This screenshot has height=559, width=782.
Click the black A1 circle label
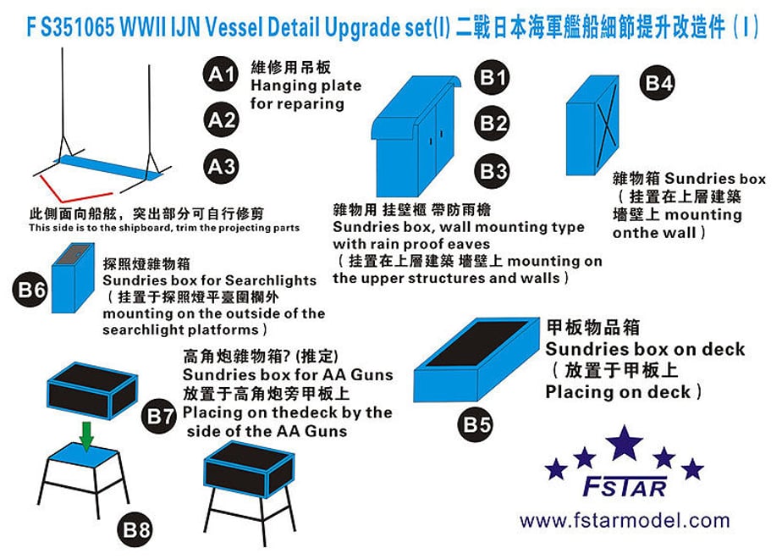point(221,74)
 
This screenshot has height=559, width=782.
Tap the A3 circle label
point(221,166)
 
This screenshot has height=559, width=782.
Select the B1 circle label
point(493,77)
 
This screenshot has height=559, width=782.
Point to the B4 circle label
point(658,83)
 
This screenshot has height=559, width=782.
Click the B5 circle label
point(476,424)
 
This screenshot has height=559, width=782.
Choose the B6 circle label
point(30,289)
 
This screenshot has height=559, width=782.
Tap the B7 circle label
point(159,416)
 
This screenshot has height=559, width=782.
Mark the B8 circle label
point(135,529)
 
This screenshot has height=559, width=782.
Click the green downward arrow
point(87,437)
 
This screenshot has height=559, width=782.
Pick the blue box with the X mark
point(592,125)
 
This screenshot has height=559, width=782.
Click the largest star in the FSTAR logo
point(624,443)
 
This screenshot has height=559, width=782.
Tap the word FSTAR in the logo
point(625,487)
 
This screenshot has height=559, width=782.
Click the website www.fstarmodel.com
point(625,521)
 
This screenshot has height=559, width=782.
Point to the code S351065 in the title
point(77,28)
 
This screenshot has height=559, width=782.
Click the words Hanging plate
point(306,86)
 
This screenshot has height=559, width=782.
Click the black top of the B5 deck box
point(476,343)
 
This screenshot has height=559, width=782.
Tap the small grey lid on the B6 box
point(73,254)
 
